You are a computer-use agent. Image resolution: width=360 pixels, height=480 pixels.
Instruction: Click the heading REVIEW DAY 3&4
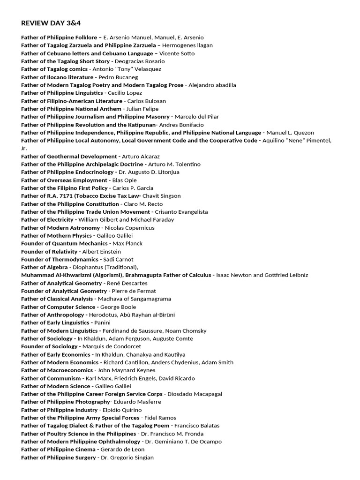(x=47, y=23)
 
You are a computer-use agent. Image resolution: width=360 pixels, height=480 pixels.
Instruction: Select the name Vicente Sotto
(x=178, y=53)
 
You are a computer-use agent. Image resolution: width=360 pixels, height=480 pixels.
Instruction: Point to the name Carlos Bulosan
(x=147, y=101)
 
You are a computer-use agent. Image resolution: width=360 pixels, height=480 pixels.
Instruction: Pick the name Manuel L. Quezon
(x=290, y=133)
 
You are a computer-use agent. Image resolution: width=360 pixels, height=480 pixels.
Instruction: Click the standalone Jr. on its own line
(x=24, y=148)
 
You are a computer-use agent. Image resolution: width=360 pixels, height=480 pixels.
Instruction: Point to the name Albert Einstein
(x=101, y=252)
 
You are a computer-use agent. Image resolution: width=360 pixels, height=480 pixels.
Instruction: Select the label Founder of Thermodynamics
(x=60, y=259)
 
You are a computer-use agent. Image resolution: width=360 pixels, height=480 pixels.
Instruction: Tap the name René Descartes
(x=127, y=283)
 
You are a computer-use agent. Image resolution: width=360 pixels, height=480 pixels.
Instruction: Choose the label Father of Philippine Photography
(x=66, y=402)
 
